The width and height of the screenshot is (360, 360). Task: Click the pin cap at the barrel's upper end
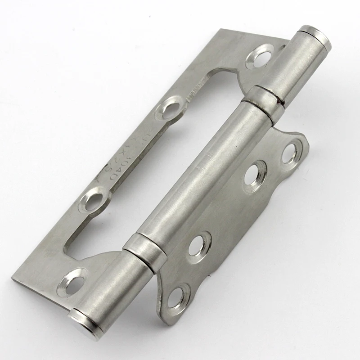[x=313, y=33]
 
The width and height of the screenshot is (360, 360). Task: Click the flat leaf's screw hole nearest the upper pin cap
[x=261, y=57]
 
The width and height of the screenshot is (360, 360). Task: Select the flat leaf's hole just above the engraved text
[x=170, y=107]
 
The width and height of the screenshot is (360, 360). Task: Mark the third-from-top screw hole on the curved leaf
[x=198, y=243]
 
